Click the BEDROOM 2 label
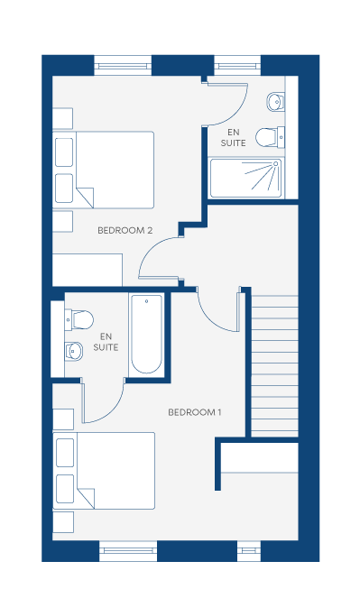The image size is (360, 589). (x=125, y=230)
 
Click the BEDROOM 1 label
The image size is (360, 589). (x=195, y=412)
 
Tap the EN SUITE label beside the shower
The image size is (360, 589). (x=234, y=137)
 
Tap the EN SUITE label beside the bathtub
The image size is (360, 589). (x=106, y=342)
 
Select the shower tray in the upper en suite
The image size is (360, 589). (x=245, y=178)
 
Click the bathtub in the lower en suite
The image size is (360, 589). (x=146, y=335)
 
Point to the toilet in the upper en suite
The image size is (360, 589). (x=270, y=137)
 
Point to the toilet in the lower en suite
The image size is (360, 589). (x=78, y=319)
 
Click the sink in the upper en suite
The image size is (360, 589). (x=275, y=101)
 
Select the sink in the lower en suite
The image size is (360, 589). (x=74, y=352)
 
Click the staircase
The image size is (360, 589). (x=274, y=366)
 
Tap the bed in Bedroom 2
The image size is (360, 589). (x=104, y=170)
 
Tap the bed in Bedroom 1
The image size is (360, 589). (x=104, y=471)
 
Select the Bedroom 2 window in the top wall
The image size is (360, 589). (x=123, y=66)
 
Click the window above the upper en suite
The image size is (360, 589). (x=237, y=66)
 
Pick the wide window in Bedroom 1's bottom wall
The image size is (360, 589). (x=128, y=551)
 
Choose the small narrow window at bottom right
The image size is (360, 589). (x=249, y=551)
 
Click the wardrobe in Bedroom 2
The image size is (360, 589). (x=88, y=270)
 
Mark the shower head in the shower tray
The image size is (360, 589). (x=275, y=164)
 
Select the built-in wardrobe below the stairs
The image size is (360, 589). (x=259, y=457)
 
